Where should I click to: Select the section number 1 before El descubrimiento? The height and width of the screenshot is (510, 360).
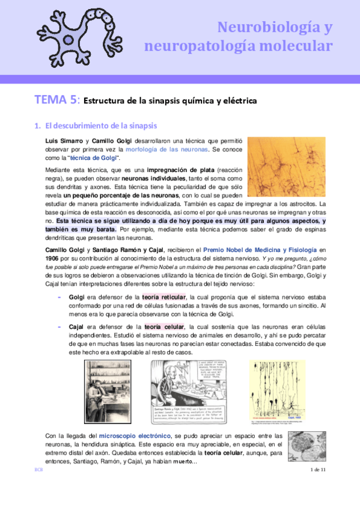click(37, 126)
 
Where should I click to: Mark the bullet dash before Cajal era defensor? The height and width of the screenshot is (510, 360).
click(59, 327)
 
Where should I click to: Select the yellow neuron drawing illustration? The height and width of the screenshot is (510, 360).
click(276, 390)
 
